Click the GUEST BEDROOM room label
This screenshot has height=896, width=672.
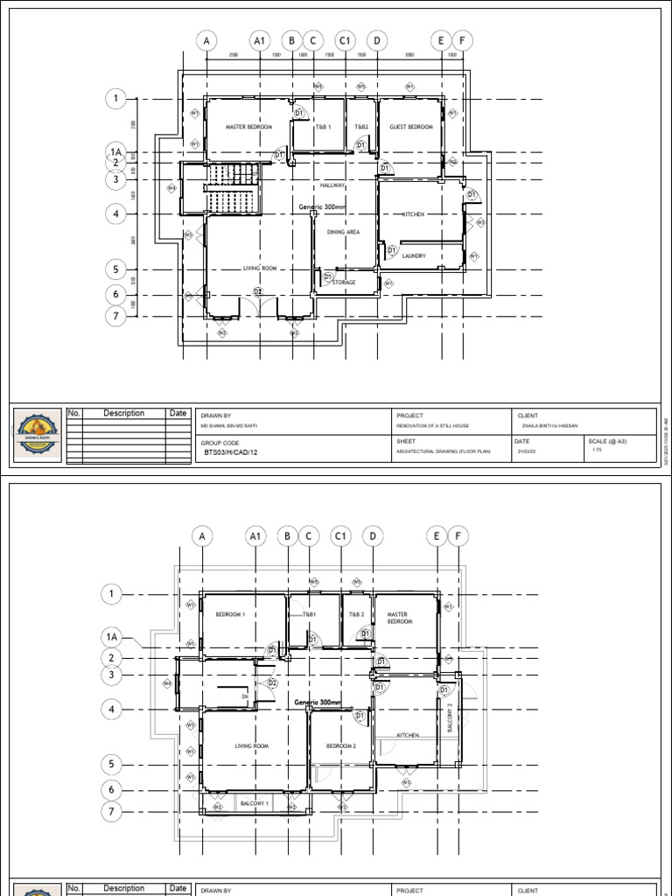coord(411,127)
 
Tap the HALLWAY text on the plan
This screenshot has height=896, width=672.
coord(332,185)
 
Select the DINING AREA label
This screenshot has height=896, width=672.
coord(343,232)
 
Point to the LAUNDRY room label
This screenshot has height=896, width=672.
coord(414,255)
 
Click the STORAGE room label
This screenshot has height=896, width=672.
coord(344,283)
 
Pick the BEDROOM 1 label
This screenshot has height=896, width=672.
coord(230,614)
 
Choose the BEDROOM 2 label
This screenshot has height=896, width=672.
coord(341,745)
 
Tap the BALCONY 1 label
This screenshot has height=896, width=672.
coord(255,802)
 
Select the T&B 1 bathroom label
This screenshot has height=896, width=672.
coord(324,127)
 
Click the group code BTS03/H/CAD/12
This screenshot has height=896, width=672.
coord(233,454)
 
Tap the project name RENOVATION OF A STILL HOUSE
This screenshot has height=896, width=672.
coord(432,425)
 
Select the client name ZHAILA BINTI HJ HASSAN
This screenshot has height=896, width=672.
coord(550,425)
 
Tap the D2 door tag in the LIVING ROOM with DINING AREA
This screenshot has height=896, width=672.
coord(258,291)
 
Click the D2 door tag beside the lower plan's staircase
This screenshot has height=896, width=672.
coord(272,682)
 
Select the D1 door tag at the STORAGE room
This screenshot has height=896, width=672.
coord(329,277)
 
